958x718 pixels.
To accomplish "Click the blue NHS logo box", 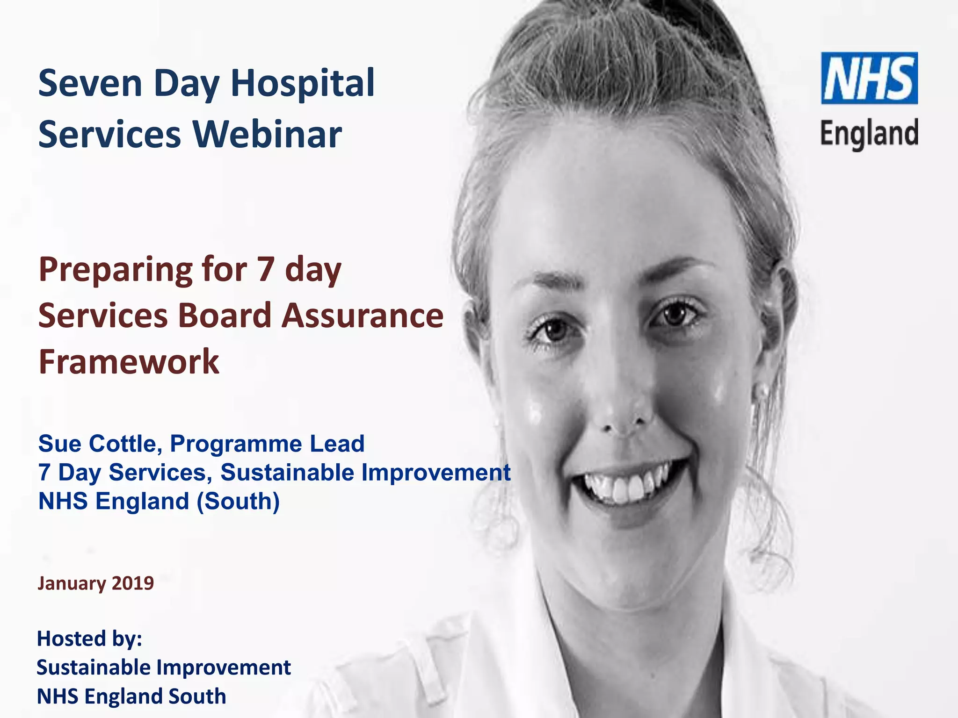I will [869, 78].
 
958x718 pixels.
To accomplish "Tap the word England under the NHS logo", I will [869, 134].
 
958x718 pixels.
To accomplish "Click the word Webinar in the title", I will [267, 135].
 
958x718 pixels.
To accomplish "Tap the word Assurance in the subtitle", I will [363, 316].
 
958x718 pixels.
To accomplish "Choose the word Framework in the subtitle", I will [129, 362].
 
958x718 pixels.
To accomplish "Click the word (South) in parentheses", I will [238, 502].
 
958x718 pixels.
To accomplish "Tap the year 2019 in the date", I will [133, 583].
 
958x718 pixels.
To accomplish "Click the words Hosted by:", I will [89, 639].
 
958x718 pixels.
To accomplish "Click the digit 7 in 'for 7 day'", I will [265, 270].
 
